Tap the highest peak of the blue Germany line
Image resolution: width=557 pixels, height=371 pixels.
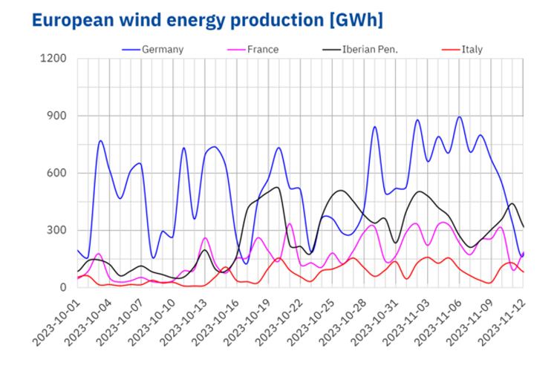(x=460, y=116)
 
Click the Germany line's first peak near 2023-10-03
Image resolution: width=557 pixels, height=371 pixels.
(x=100, y=140)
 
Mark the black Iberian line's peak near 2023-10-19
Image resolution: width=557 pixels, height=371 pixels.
(x=276, y=187)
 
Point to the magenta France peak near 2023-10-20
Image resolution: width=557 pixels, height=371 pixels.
(x=290, y=223)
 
